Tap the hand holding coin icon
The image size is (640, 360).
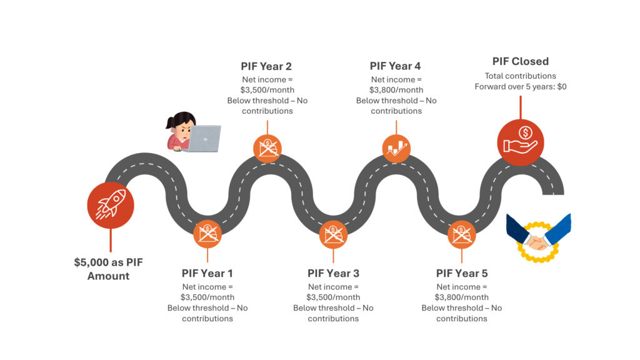[x=521, y=142]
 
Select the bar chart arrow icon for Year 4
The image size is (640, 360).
[x=396, y=148]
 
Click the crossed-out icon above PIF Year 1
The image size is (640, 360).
[x=207, y=234]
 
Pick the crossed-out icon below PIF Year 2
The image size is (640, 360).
[x=267, y=148]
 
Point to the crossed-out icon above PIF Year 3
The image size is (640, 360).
[x=333, y=234]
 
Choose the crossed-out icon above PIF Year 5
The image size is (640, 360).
[x=462, y=234]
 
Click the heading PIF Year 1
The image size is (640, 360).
[x=207, y=273]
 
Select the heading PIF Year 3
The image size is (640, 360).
[x=334, y=273]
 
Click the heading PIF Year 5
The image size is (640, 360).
[x=461, y=273]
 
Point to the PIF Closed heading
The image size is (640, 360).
[x=520, y=61]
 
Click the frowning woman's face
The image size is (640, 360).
[x=184, y=127]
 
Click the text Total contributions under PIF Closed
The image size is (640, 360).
[x=520, y=76]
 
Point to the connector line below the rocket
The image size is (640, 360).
[x=111, y=239]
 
